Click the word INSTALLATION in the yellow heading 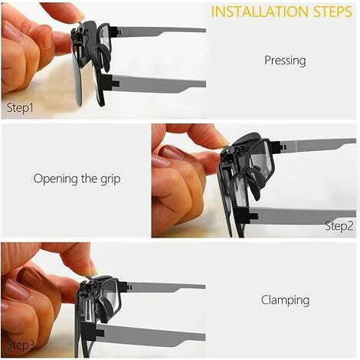coord(260,11)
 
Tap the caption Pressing coord(285,61)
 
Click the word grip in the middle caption coord(110,179)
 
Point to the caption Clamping coord(285,300)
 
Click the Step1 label coord(20,107)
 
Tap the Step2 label coord(339,226)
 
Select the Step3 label coord(21,345)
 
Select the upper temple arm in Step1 coord(159,31)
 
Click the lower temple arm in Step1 coord(159,83)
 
